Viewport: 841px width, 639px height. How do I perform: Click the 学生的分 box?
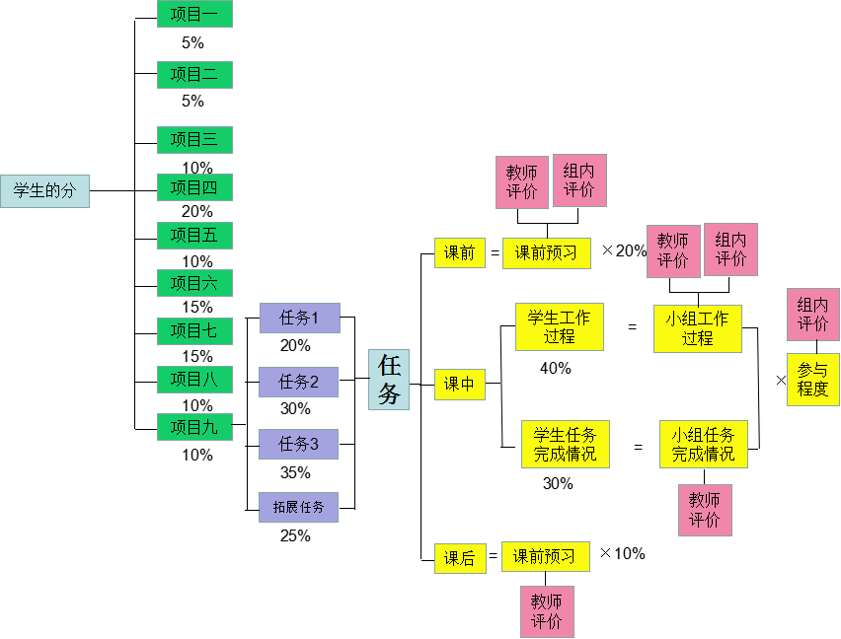[44, 191]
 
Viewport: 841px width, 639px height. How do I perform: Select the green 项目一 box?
[194, 14]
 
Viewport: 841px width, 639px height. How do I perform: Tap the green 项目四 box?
[194, 187]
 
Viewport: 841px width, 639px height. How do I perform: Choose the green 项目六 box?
[194, 283]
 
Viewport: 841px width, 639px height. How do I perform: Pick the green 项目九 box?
[194, 427]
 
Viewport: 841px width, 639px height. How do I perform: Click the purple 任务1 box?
[299, 318]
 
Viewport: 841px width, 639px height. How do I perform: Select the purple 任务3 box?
[298, 445]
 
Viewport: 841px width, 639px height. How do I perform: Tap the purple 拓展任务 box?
[298, 507]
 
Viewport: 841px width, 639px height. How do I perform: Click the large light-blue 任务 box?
[388, 380]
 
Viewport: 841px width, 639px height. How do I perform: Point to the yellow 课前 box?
[459, 252]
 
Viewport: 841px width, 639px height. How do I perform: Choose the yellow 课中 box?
[459, 385]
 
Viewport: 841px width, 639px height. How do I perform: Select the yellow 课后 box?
[459, 558]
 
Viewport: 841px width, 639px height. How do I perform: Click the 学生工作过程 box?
[559, 326]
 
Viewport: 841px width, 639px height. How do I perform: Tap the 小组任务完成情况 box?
[703, 445]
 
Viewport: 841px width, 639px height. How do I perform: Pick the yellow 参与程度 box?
[812, 380]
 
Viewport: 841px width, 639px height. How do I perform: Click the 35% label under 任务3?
[295, 472]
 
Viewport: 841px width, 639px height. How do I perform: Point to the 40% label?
[556, 368]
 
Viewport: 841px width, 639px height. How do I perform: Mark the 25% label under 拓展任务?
[295, 535]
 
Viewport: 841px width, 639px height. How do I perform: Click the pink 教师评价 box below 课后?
[547, 611]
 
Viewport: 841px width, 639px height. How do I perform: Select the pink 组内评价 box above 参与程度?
[812, 314]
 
